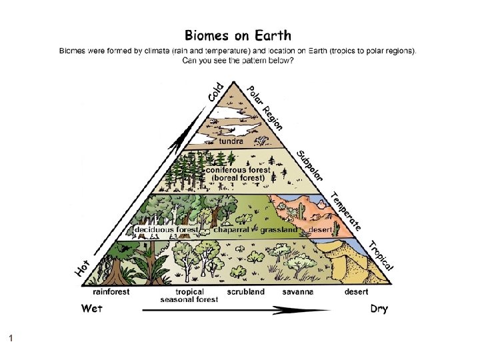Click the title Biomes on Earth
(x=237, y=35)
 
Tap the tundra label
(x=231, y=141)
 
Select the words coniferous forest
(x=241, y=170)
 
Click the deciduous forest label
(x=167, y=230)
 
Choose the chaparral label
(x=231, y=230)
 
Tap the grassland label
(x=279, y=230)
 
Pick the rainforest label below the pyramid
(x=111, y=291)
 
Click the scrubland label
(x=245, y=291)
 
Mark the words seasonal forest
(x=189, y=299)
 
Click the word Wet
(x=92, y=309)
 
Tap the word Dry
(x=379, y=309)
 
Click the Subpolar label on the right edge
(x=310, y=165)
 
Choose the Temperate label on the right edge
(x=347, y=211)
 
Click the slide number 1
(x=11, y=339)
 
